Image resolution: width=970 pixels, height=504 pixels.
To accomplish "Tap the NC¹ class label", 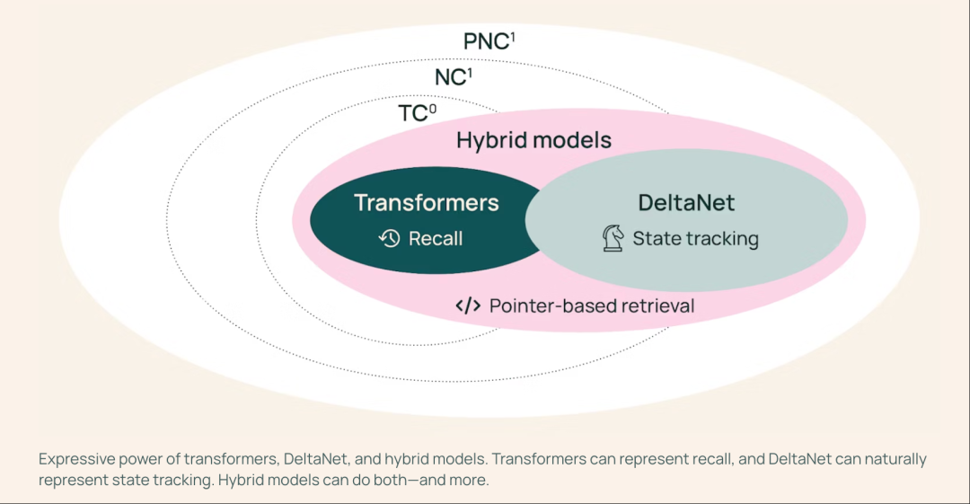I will (x=453, y=77).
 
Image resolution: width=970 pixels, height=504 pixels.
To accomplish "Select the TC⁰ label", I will (x=417, y=113).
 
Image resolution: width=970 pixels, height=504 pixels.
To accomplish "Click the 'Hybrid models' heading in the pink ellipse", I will (x=533, y=141).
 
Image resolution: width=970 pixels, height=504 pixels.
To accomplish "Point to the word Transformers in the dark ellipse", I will (x=426, y=203).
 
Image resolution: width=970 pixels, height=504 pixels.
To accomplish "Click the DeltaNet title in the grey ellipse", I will (x=686, y=203).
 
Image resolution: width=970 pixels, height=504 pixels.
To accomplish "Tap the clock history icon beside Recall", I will (x=389, y=239).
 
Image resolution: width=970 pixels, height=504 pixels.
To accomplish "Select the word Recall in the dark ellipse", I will (x=436, y=239).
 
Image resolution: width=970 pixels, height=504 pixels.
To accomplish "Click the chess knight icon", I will (x=613, y=239).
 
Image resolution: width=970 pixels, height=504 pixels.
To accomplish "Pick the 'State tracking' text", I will (x=695, y=239).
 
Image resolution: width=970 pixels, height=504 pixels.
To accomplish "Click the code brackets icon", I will (x=468, y=305).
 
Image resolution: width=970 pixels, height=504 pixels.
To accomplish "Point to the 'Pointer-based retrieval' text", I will (x=592, y=305).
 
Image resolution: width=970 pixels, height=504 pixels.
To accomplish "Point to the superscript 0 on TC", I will (x=433, y=108).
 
